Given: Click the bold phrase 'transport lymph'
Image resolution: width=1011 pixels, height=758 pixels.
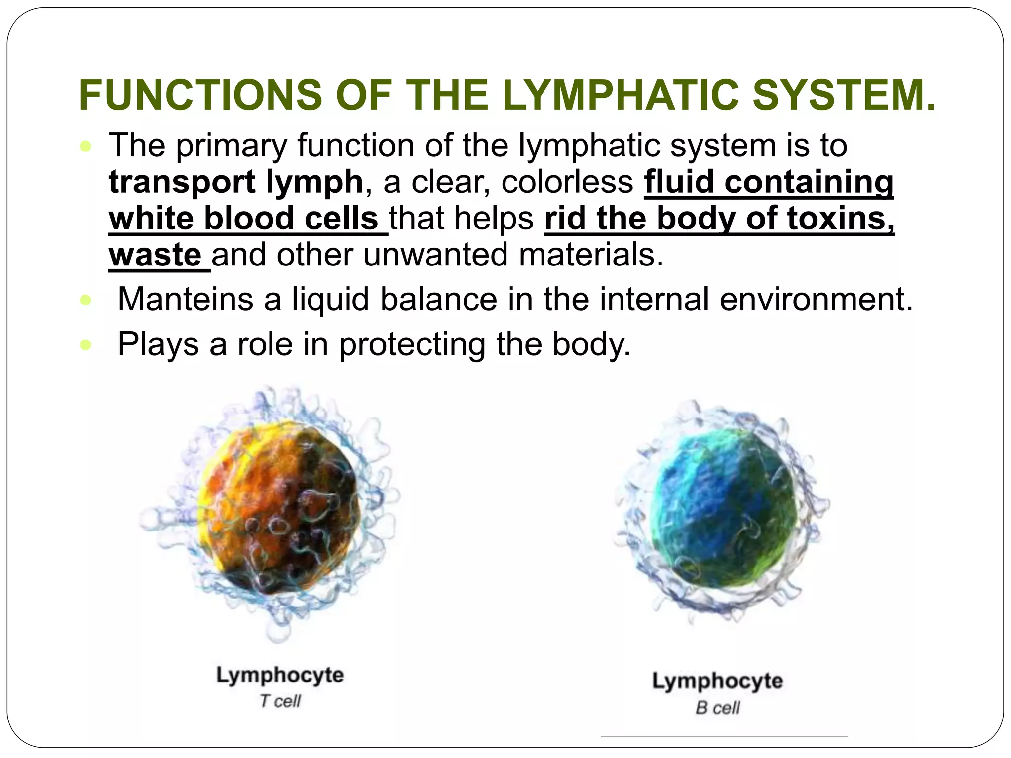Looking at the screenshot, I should click(236, 182).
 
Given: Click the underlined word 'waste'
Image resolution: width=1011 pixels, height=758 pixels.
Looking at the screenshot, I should click(155, 255).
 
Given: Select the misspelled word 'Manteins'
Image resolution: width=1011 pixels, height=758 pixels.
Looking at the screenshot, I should click(186, 299).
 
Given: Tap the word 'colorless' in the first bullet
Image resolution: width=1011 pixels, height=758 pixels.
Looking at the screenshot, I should click(567, 182).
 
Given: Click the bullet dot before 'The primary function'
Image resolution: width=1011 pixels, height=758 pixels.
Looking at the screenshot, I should click(86, 147).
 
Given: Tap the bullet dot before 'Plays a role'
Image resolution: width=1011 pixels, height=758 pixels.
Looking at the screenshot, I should click(86, 345).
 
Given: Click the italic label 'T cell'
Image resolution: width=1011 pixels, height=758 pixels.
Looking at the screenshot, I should click(280, 701).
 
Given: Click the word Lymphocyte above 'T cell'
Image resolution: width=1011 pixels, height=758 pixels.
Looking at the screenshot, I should click(280, 675).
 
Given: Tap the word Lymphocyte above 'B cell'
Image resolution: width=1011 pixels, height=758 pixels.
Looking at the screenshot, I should click(717, 681).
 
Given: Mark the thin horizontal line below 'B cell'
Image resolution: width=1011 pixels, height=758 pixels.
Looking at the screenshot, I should click(724, 737).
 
